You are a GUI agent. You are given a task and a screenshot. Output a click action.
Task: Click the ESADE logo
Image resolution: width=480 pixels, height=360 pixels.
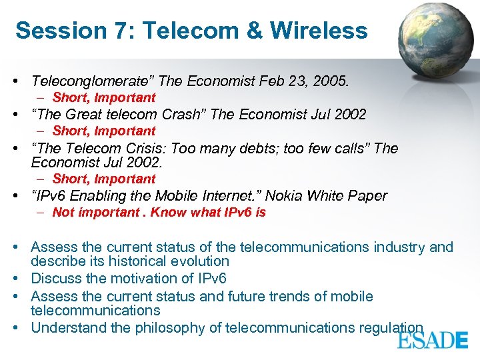pos(433,340)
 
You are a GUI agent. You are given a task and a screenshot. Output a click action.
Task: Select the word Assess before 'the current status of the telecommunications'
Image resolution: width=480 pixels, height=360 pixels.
pos(53,247)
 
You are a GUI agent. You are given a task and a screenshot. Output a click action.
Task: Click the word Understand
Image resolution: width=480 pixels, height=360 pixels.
pos(65,327)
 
